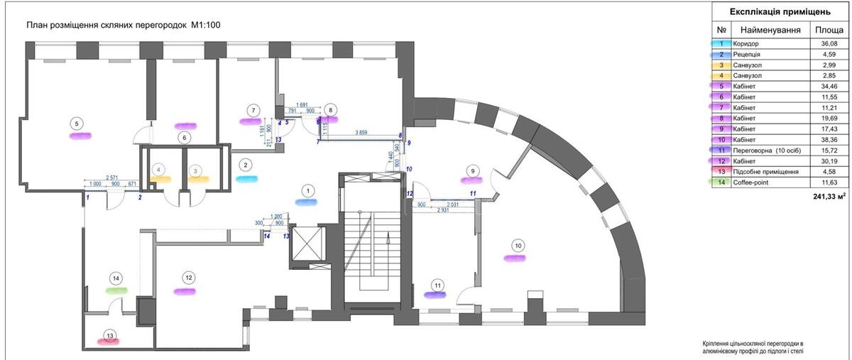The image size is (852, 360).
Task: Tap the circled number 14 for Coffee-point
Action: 116,278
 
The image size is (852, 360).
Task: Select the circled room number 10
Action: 518,246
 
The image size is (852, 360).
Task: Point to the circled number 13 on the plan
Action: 109,336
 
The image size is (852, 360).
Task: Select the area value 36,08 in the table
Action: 828,44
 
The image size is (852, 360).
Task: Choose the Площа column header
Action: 829,30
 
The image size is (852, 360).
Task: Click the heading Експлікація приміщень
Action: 780,12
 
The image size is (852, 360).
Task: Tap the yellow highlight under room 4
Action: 159,180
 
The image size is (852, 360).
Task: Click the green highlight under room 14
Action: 116,290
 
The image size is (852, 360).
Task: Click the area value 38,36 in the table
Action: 828,140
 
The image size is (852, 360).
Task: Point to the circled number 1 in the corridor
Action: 307,190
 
